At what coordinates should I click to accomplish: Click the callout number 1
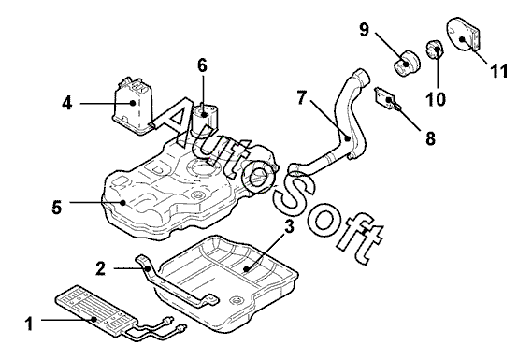point(30,324)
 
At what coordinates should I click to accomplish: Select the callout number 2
point(100,268)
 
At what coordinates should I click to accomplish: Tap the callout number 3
point(289,226)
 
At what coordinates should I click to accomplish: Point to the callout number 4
point(67,103)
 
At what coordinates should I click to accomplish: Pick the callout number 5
point(57,207)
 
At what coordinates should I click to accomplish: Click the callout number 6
point(202,65)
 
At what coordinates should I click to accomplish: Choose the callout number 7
point(302,98)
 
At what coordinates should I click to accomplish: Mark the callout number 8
point(430,138)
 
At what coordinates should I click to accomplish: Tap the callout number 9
point(364,30)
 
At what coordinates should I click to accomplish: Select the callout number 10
point(436,99)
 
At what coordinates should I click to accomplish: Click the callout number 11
point(498,71)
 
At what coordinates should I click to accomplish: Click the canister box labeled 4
point(134,106)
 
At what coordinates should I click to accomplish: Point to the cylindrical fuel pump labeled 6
point(205,119)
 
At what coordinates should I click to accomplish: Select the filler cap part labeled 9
point(406,64)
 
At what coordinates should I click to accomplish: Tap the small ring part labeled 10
point(435,50)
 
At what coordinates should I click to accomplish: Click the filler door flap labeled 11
point(463,35)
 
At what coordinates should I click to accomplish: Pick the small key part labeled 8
point(388,99)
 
